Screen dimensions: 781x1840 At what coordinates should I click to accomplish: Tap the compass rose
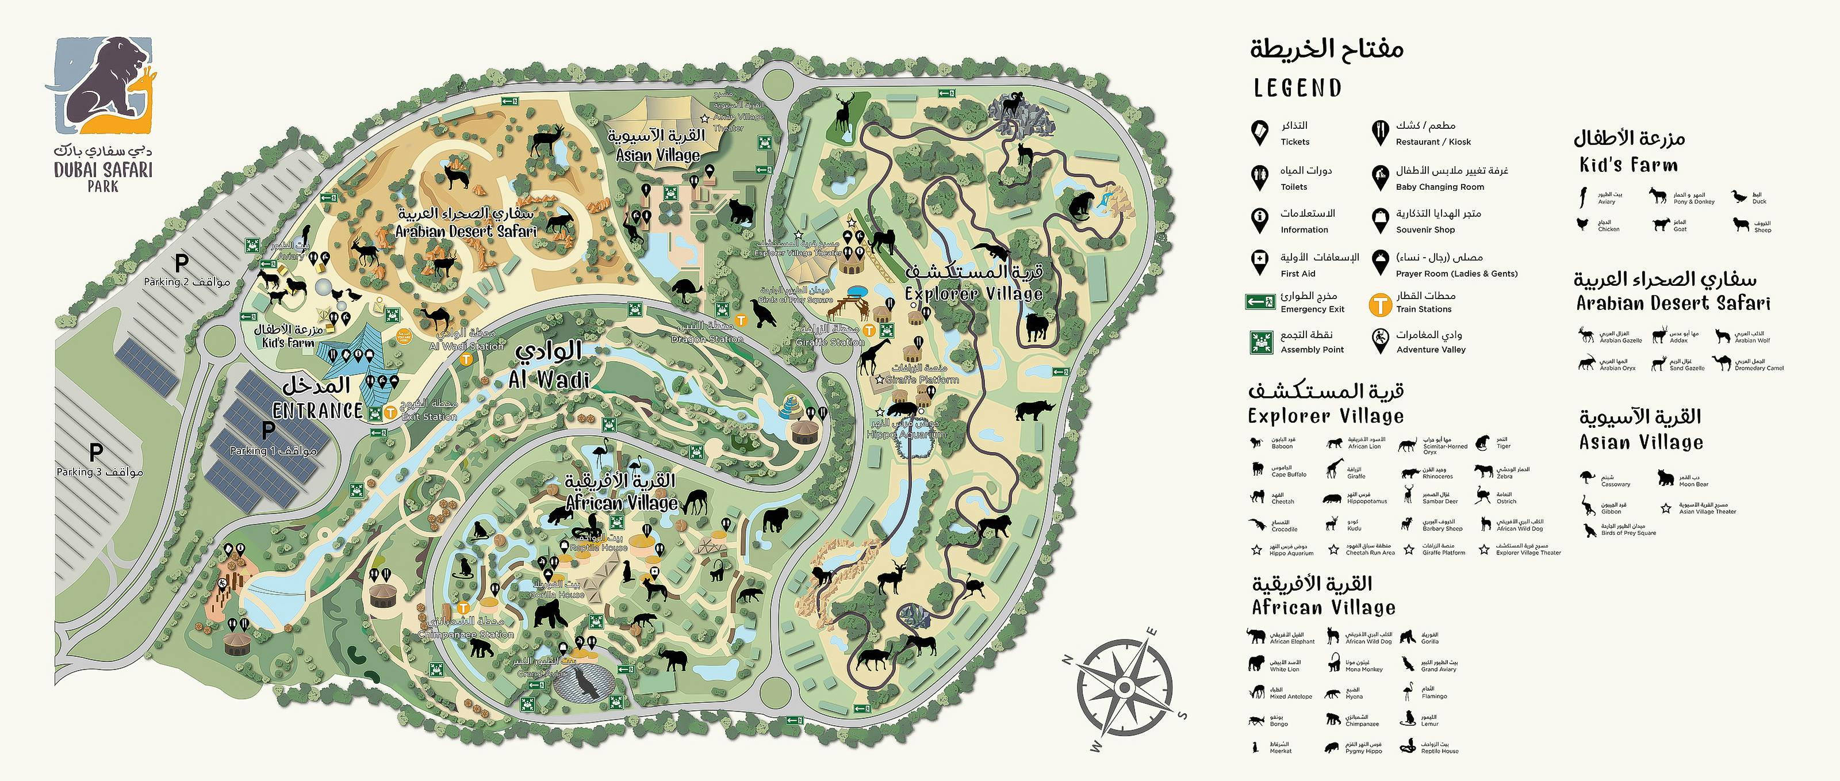point(1124,687)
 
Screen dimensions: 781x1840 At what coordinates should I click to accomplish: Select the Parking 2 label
point(186,282)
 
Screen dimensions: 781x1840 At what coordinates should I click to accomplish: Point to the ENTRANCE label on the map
point(317,410)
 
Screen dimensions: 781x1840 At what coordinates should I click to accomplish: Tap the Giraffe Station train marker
point(869,330)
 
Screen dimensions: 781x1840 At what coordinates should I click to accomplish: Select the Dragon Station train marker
point(741,321)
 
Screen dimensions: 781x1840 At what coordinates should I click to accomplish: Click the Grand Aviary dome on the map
point(584,683)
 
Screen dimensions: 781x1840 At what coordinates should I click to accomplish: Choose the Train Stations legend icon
point(1380,304)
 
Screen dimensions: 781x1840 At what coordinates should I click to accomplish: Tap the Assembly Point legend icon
point(1262,342)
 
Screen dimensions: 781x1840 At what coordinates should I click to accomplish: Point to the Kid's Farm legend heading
point(1628,165)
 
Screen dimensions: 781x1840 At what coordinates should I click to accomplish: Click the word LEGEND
point(1298,88)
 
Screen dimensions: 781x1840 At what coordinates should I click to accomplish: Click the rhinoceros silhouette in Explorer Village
point(1035,409)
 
